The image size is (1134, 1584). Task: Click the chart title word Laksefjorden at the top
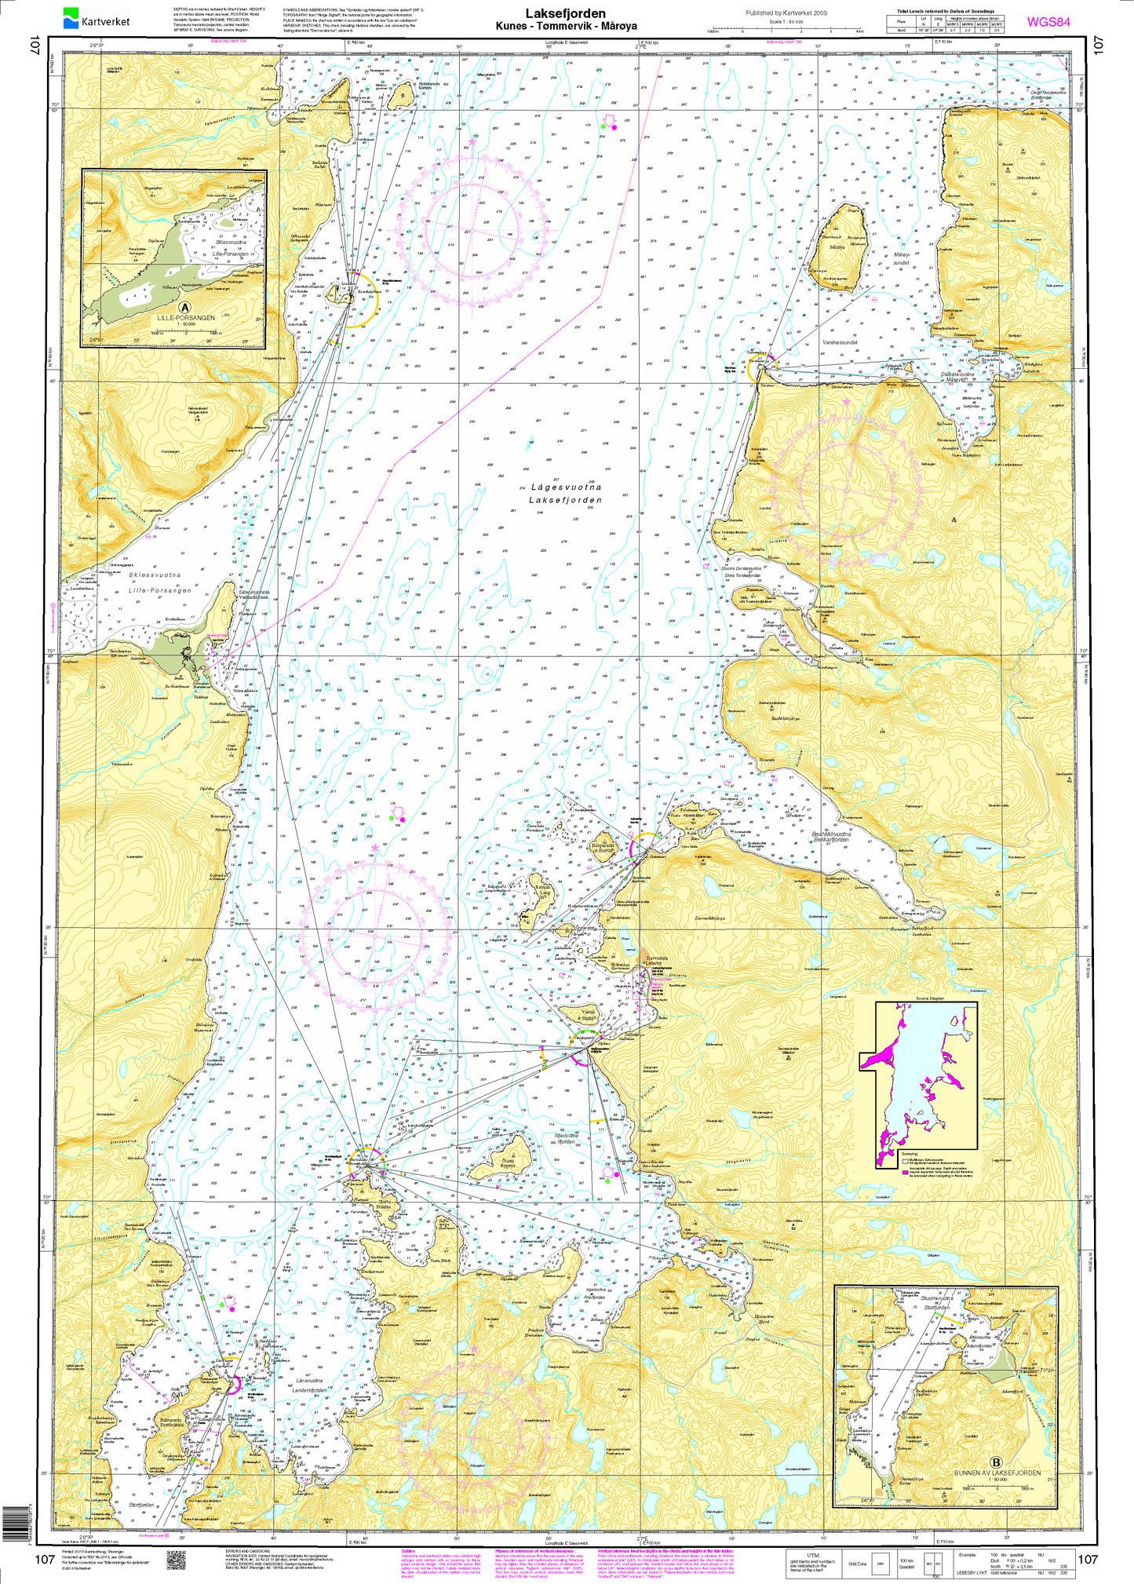[565, 13]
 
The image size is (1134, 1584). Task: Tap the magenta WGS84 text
[1048, 22]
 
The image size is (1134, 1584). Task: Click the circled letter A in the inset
[184, 308]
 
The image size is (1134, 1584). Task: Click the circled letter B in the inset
[996, 1462]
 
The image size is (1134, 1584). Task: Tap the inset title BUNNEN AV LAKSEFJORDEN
[996, 1473]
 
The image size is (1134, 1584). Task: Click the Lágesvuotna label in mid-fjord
[565, 487]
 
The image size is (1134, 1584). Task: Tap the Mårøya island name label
[837, 246]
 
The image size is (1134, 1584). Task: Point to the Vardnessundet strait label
[841, 343]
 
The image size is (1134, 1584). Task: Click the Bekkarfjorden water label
[831, 841]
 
